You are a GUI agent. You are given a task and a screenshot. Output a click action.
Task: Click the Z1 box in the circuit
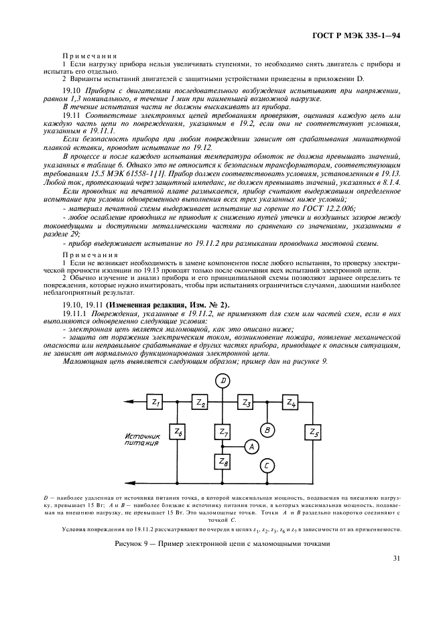coord(155,403)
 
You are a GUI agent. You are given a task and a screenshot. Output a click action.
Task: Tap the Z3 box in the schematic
coord(245,403)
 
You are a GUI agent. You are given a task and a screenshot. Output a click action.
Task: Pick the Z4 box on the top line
coord(290,403)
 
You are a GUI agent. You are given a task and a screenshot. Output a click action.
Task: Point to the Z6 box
coord(178,432)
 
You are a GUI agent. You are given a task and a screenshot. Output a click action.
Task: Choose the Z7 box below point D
coord(223,432)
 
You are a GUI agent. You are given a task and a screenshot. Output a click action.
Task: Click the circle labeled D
coord(223,380)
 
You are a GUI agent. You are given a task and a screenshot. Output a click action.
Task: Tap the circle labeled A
coord(250,446)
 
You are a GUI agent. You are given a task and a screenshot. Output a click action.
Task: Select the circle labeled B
coord(267,429)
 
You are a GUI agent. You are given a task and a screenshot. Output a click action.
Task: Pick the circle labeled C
coord(267,466)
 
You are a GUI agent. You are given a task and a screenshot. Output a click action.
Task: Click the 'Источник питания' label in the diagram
coord(143,439)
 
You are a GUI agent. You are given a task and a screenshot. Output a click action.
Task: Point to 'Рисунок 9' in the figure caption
coord(133,545)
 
